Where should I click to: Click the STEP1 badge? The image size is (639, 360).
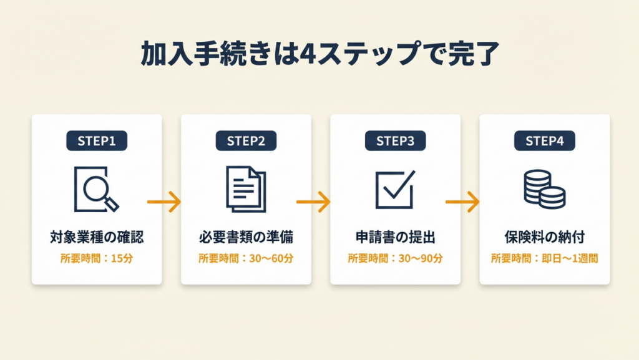(97, 141)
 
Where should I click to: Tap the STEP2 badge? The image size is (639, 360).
(246, 141)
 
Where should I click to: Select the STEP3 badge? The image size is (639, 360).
(395, 141)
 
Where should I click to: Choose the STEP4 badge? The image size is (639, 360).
(545, 141)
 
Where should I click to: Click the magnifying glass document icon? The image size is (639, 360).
(96, 188)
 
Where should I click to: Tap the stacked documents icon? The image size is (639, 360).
(245, 188)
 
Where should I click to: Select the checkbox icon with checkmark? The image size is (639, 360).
(394, 189)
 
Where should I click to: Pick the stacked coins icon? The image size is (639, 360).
(544, 189)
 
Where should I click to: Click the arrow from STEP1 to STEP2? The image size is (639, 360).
(164, 202)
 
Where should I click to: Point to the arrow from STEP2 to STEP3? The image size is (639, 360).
(313, 202)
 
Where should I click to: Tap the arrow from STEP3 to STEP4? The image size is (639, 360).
(462, 202)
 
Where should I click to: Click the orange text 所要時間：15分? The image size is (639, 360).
(97, 258)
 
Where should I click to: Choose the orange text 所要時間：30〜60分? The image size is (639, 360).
(246, 258)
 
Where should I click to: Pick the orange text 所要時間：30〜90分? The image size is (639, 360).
(395, 258)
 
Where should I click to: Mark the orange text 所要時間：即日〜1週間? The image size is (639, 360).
(545, 258)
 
